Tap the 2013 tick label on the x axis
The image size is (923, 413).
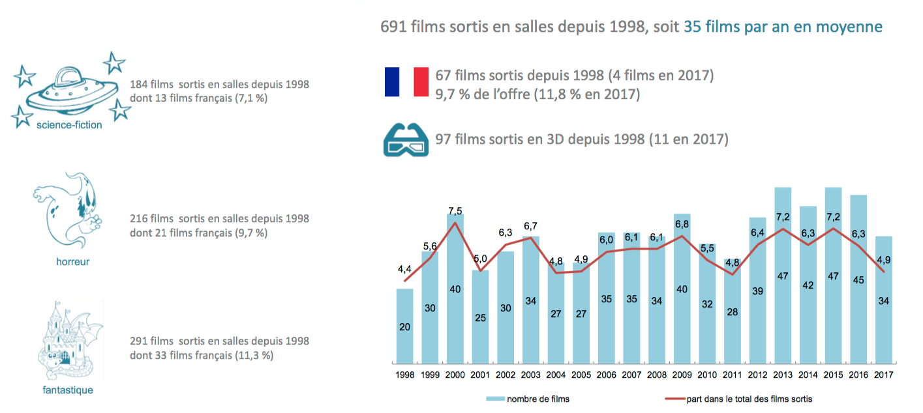point(782,375)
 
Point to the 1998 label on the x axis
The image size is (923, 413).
point(404,375)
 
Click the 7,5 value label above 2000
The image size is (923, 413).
point(455,210)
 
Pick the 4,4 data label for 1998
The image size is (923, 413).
point(404,269)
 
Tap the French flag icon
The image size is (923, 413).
point(406,82)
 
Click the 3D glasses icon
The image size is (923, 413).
point(406,139)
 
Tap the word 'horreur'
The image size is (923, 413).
point(72,262)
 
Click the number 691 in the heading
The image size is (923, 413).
point(394,27)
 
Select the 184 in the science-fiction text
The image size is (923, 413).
point(138,85)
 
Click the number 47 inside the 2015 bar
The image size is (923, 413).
point(833,276)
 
